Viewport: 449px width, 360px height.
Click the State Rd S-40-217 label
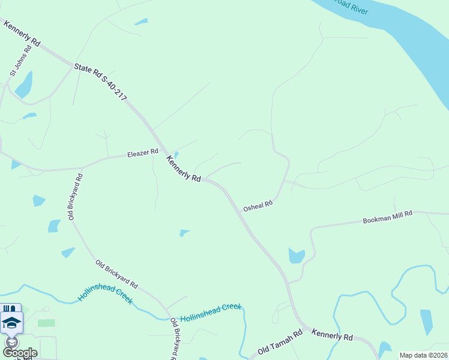100,83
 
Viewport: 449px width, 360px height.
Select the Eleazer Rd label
142,154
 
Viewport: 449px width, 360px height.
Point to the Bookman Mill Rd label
388,217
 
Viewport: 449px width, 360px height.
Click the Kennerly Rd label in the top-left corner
22,34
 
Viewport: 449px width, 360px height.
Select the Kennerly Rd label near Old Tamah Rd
332,335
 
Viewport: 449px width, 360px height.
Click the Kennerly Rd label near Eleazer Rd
183,169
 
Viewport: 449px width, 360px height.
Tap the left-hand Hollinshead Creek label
105,294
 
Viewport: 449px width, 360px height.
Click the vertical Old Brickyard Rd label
75,197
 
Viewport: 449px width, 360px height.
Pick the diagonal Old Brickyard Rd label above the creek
116,274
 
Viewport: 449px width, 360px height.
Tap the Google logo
20,353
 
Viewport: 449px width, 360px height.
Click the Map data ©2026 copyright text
423,355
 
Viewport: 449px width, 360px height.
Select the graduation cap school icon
11,323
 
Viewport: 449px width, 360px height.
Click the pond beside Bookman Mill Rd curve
296,256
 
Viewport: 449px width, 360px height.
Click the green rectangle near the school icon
46,323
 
